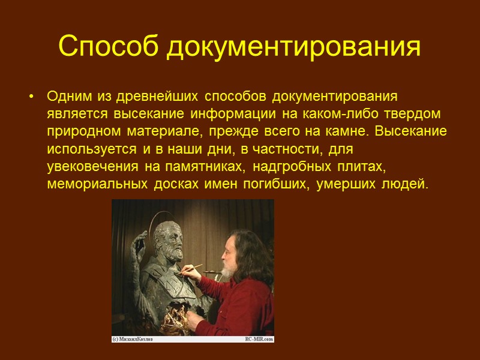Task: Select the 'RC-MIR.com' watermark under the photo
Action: pyautogui.click(x=259, y=339)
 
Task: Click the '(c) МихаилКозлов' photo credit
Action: pyautogui.click(x=133, y=339)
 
